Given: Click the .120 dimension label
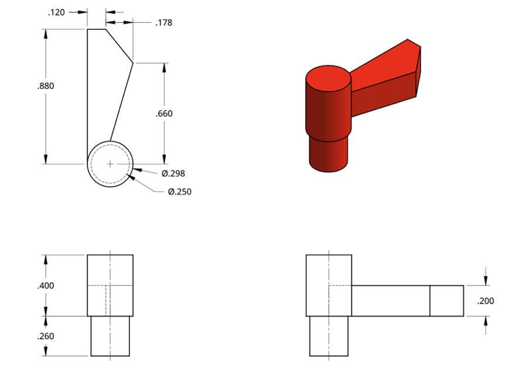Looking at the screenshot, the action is [x=56, y=12].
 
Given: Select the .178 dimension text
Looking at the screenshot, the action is [x=163, y=22].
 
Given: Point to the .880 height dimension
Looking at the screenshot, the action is [x=45, y=86].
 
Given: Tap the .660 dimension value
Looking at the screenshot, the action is [x=164, y=114].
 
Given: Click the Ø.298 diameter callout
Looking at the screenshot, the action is [x=173, y=173].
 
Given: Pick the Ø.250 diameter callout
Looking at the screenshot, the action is [x=180, y=192].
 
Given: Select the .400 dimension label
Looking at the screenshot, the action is [x=45, y=286].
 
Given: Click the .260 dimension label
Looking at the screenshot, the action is [x=45, y=336].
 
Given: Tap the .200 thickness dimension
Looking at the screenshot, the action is [x=486, y=301].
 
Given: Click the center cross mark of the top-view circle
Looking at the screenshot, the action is [x=110, y=164].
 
